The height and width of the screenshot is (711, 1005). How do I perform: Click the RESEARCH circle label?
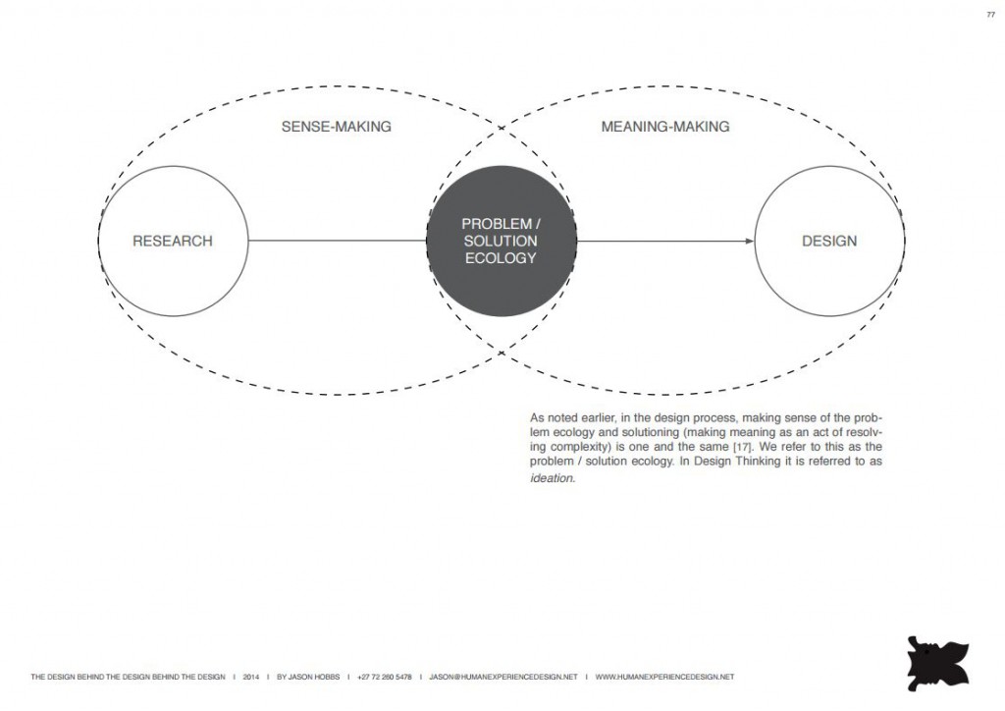pos(173,241)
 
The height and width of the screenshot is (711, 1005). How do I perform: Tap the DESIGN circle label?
pos(829,241)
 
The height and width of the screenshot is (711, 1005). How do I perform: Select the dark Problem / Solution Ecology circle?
pos(502,241)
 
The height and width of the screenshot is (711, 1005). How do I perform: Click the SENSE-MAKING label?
pos(337,127)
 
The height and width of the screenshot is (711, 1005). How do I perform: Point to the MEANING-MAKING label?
pos(665,127)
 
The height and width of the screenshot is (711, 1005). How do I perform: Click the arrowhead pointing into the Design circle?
pos(750,241)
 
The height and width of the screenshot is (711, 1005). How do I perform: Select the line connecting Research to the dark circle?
pos(338,241)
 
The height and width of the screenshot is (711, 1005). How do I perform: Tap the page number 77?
pos(991,15)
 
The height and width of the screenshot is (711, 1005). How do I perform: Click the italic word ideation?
pos(553,478)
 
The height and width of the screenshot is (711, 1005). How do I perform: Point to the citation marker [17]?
pos(742,447)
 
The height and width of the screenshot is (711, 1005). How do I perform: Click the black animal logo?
pos(937,664)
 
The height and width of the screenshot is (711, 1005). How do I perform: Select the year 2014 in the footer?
pos(251,677)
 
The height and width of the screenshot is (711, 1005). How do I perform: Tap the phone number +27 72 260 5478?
pos(385,677)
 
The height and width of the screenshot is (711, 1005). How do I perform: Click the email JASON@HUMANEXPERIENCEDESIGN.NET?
pos(503,677)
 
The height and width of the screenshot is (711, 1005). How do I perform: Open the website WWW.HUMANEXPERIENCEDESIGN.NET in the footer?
pos(664,677)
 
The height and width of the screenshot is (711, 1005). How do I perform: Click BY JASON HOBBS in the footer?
pos(308,677)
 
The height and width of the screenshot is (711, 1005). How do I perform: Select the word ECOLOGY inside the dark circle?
pos(501,257)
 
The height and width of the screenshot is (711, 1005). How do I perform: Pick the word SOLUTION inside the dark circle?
pos(501,241)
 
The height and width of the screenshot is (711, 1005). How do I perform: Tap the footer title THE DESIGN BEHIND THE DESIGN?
pos(129,677)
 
